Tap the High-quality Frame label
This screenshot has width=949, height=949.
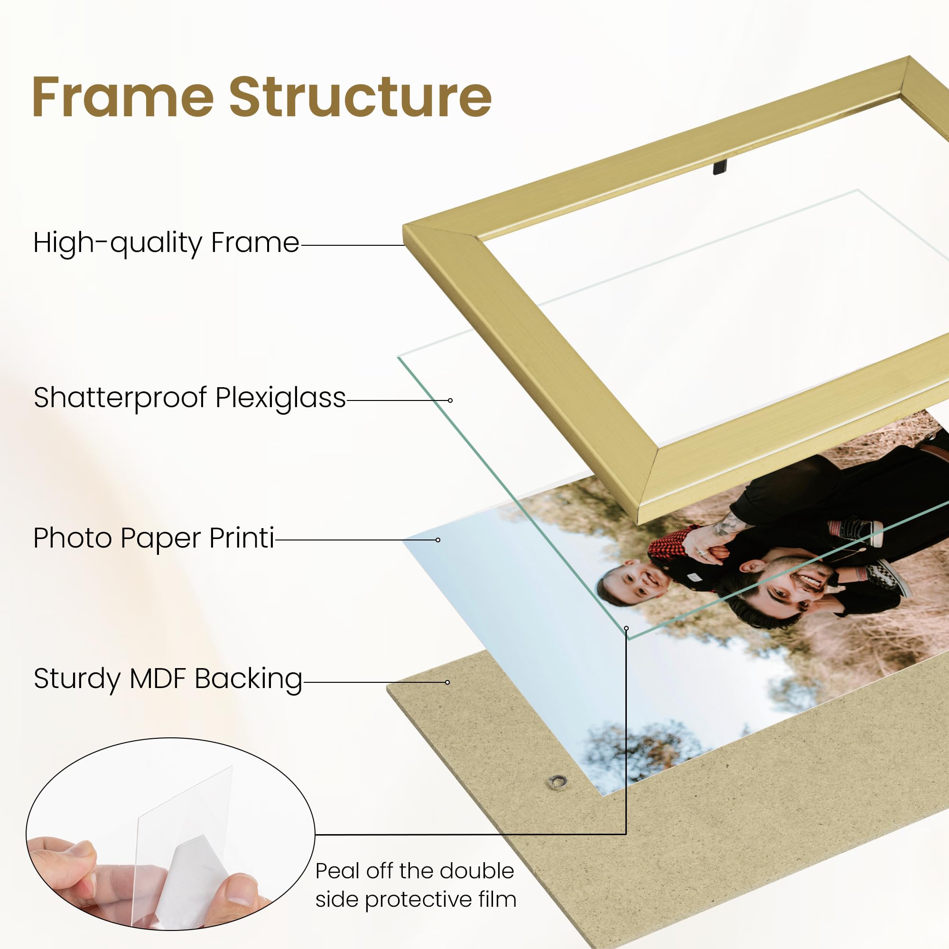(166, 243)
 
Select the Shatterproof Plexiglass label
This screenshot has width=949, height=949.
(190, 398)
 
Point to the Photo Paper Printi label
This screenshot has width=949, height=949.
(154, 539)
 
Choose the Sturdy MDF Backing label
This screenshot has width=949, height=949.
(168, 679)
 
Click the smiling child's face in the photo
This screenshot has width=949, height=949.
(633, 584)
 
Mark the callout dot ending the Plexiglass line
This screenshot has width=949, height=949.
(450, 400)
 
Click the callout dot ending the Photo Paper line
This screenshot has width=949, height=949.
(437, 540)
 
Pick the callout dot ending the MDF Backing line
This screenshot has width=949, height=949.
(447, 682)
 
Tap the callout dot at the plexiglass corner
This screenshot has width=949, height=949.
(626, 628)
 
